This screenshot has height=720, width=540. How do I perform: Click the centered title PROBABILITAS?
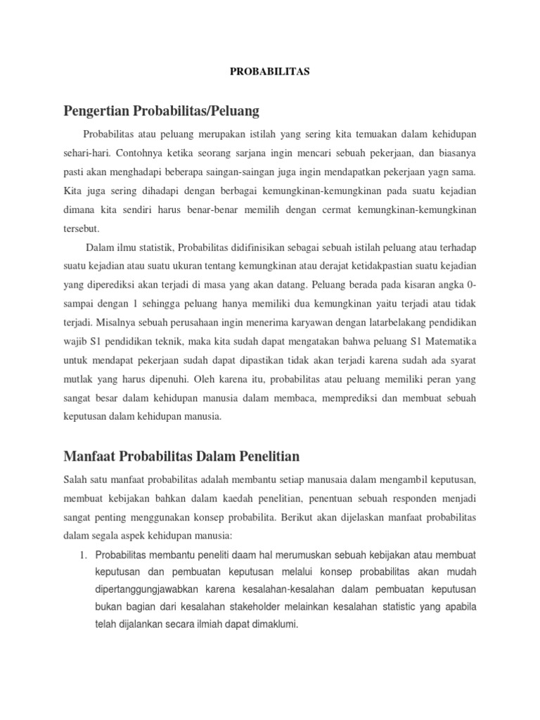coord(271,72)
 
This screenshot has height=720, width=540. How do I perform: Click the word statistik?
coord(152,247)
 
